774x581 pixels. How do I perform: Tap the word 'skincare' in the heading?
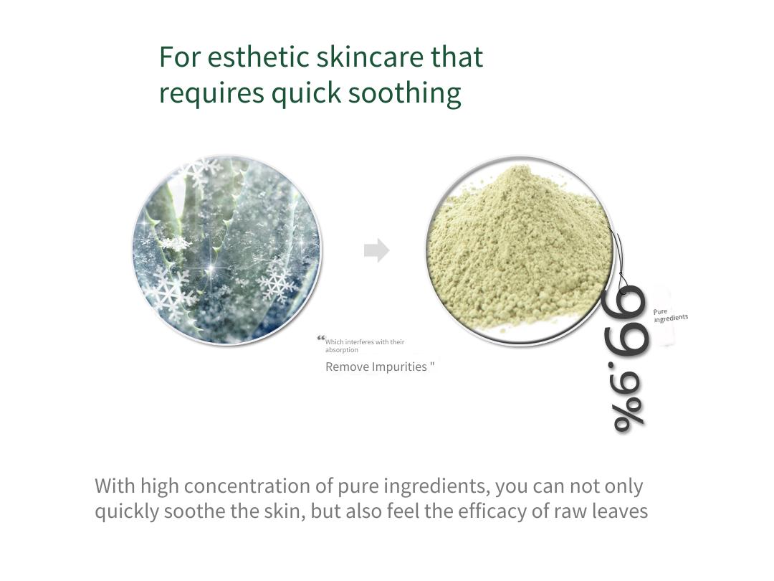point(370,57)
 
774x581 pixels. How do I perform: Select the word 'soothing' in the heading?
point(405,93)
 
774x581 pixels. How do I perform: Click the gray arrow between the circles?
point(377,250)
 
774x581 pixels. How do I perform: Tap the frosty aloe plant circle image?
point(227,250)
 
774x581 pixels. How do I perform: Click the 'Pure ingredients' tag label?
point(670,315)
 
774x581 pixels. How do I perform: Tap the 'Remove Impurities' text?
point(376,367)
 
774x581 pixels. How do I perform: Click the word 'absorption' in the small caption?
point(342,350)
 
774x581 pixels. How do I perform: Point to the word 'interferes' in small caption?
point(363,342)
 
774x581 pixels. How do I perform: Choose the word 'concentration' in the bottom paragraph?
point(249,486)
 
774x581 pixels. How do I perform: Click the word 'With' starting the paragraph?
point(115,486)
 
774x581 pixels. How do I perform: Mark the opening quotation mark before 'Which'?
point(321,339)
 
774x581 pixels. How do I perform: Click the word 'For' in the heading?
point(180,57)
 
